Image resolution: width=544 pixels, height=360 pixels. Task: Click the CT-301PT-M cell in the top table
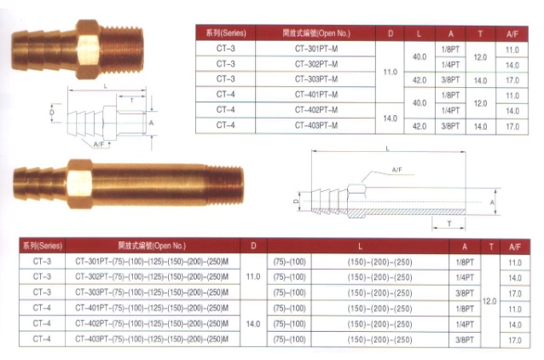pyautogui.click(x=315, y=49)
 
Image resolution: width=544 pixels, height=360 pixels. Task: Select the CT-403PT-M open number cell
pyautogui.click(x=315, y=125)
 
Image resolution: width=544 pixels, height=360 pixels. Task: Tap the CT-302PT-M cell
pyautogui.click(x=315, y=64)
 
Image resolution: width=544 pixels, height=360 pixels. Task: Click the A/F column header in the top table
pyautogui.click(x=512, y=33)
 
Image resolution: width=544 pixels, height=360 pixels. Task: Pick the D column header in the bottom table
pyautogui.click(x=253, y=246)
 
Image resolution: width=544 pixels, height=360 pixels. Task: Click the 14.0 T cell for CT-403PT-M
pyautogui.click(x=480, y=125)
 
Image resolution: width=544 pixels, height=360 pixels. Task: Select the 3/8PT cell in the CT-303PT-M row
pyautogui.click(x=449, y=79)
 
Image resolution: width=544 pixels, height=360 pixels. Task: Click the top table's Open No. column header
pyautogui.click(x=315, y=33)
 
